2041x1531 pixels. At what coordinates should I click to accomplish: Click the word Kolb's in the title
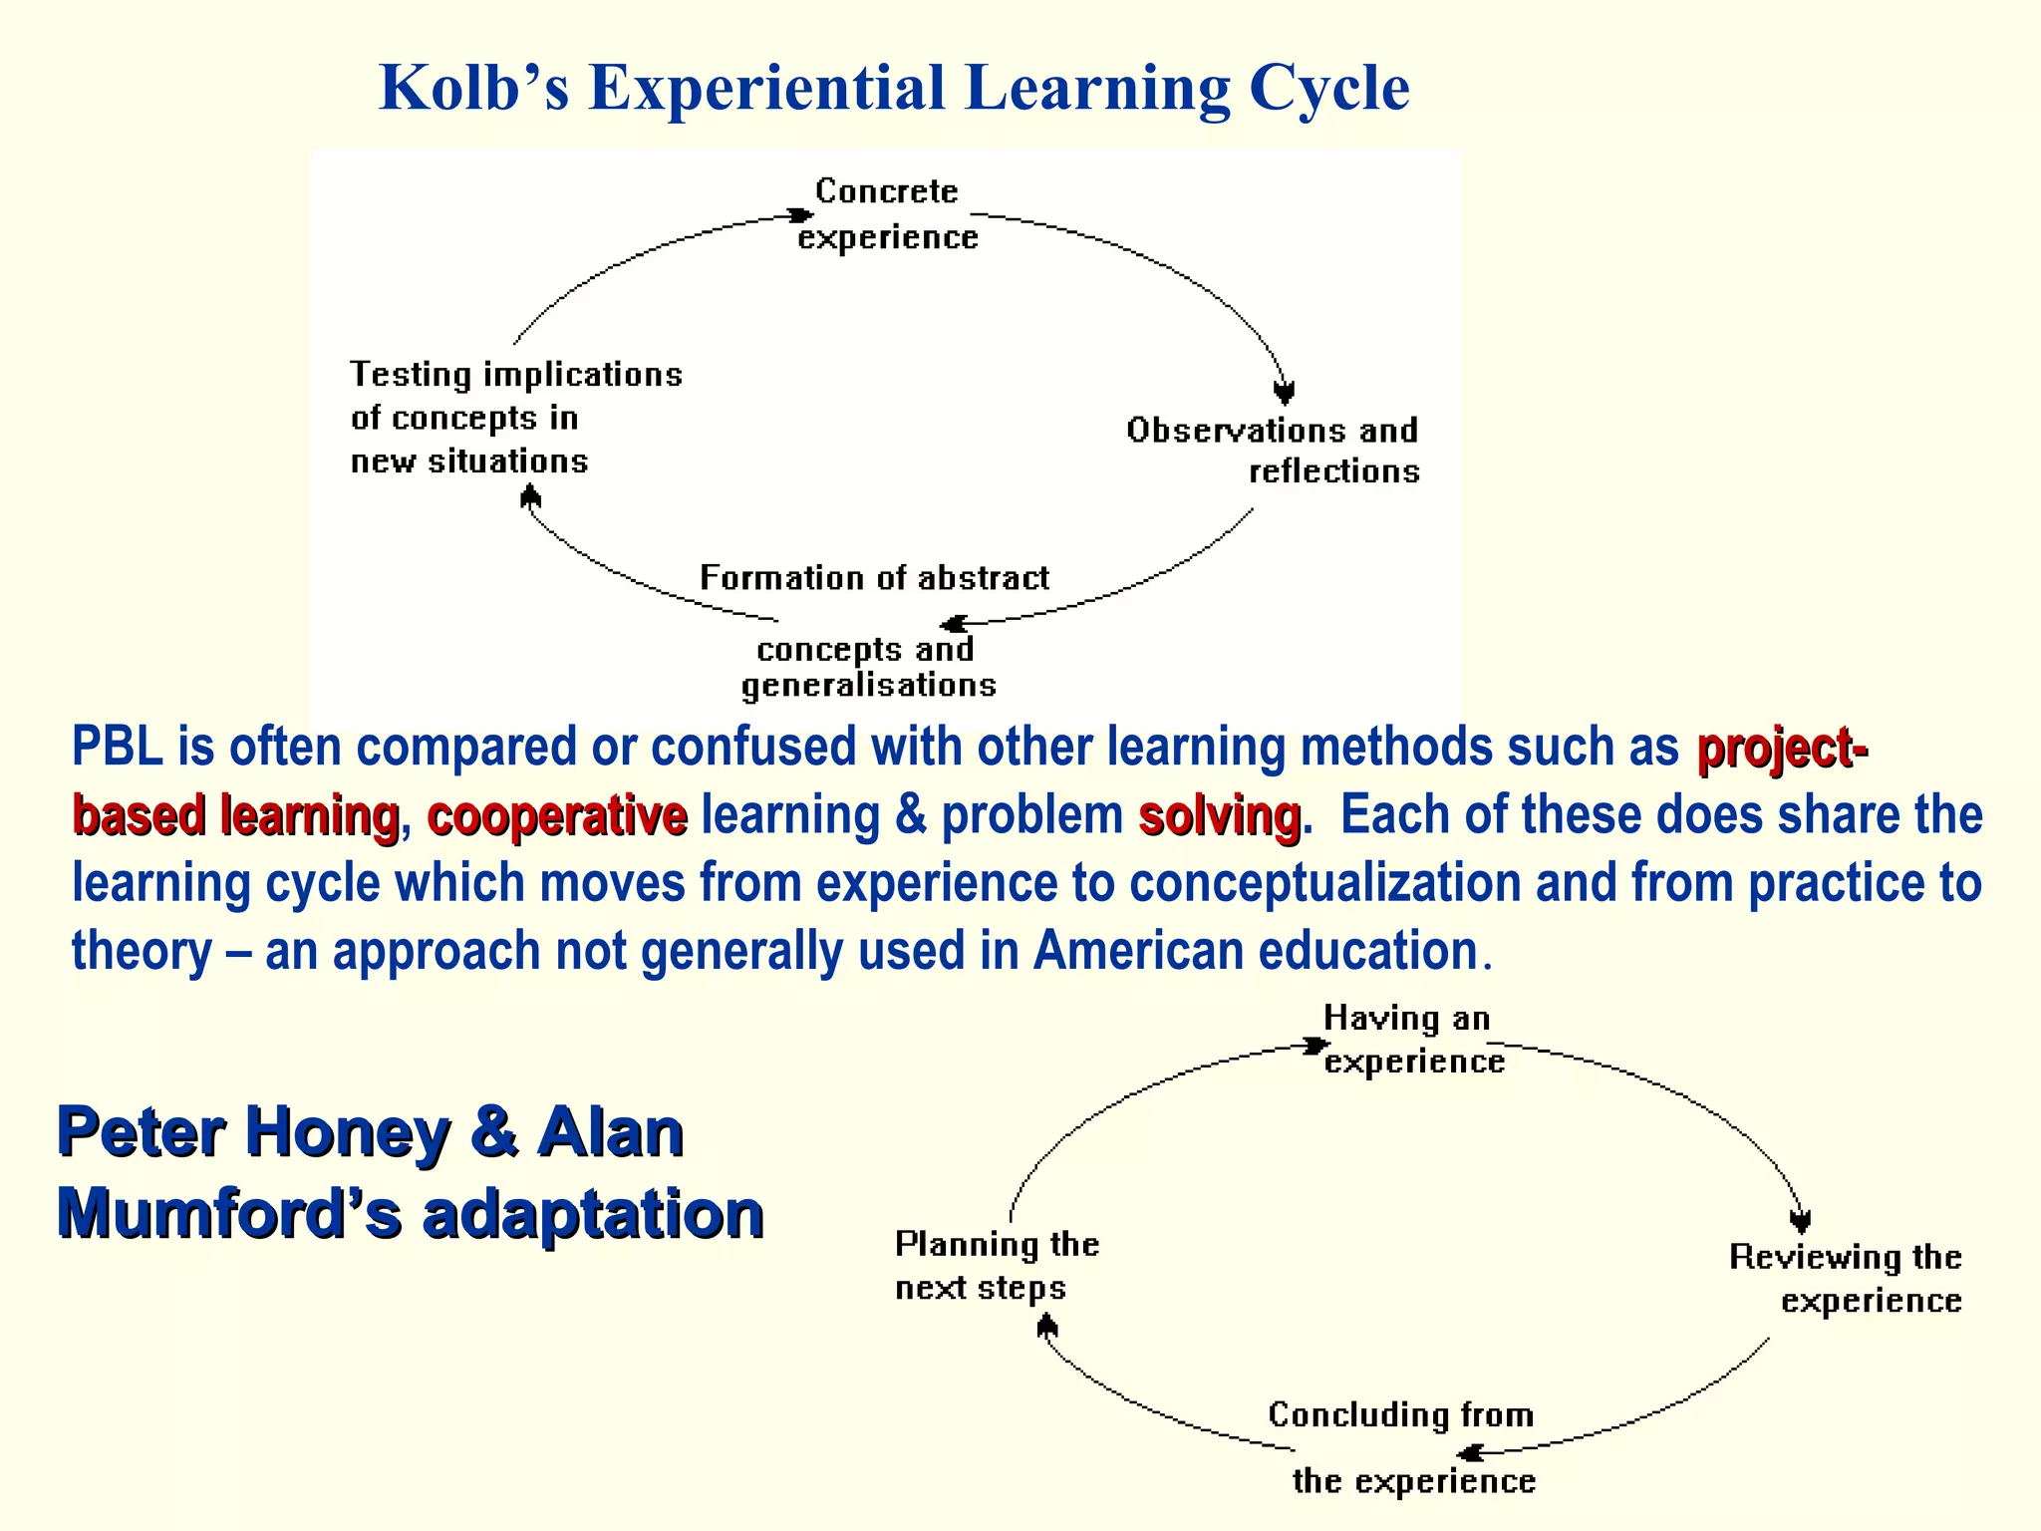point(474,88)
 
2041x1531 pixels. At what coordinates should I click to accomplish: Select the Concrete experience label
point(887,214)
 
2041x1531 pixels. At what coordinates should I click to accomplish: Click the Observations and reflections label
point(1274,451)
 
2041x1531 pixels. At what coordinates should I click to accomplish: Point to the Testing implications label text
point(515,375)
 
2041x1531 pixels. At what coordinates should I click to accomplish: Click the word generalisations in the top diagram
point(868,686)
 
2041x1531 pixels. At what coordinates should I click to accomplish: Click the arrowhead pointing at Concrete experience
point(800,215)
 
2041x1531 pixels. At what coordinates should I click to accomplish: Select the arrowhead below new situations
point(530,495)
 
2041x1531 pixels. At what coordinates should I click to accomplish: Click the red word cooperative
point(557,815)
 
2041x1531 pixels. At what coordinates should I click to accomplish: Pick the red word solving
point(1219,815)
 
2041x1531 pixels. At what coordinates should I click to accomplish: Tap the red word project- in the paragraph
point(1781,748)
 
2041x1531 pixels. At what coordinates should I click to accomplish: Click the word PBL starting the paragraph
point(117,748)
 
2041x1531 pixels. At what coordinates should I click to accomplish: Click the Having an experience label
point(1412,1040)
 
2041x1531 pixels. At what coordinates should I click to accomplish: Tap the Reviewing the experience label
point(1846,1279)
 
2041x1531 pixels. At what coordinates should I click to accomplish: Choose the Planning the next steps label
point(996,1266)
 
